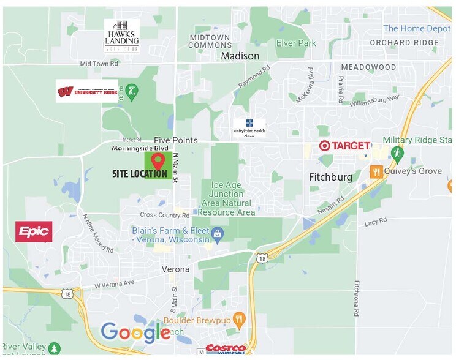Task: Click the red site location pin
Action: tap(158, 161)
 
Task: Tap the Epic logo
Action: tap(34, 231)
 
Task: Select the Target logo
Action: tap(344, 146)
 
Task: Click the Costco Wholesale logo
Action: tap(226, 348)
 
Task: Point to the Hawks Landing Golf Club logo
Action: tap(121, 35)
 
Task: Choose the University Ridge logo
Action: tap(86, 91)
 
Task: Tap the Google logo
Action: tap(135, 332)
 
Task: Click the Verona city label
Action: tap(175, 269)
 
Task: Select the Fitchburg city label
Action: tap(330, 177)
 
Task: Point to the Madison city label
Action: tap(236, 56)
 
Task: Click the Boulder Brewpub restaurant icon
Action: tap(239, 318)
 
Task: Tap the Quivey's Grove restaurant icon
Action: tap(376, 171)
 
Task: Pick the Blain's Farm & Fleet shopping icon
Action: tap(216, 233)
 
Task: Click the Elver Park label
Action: tap(296, 43)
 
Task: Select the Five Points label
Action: tap(175, 140)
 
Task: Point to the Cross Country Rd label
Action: tap(164, 215)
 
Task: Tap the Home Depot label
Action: tap(416, 28)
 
